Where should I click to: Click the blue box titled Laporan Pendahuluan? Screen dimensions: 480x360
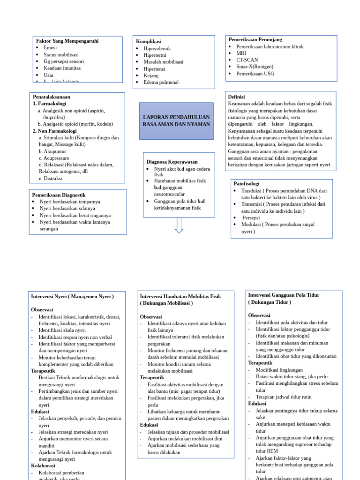pyautogui.click(x=176, y=121)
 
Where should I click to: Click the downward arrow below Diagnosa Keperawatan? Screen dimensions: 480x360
pyautogui.click(x=179, y=225)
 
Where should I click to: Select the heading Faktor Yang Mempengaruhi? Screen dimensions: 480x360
pyautogui.click(x=67, y=41)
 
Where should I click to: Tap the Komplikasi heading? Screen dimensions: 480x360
pyautogui.click(x=149, y=42)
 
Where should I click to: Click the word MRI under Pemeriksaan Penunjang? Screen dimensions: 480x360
pyautogui.click(x=241, y=53)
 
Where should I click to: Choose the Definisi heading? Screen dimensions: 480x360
pyautogui.click(x=237, y=97)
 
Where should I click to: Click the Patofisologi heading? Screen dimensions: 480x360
pyautogui.click(x=247, y=184)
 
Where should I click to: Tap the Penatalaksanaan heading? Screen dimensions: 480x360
pyautogui.click(x=51, y=97)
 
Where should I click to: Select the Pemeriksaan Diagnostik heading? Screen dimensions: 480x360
pyautogui.click(x=59, y=195)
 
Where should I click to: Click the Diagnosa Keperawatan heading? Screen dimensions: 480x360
pyautogui.click(x=172, y=162)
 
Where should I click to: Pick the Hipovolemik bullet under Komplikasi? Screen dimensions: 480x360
pyautogui.click(x=157, y=48)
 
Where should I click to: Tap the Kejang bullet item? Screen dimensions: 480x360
pyautogui.click(x=151, y=75)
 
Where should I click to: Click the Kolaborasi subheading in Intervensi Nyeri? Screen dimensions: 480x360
pyautogui.click(x=43, y=466)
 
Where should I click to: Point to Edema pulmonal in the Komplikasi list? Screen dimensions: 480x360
pyautogui.click(x=161, y=82)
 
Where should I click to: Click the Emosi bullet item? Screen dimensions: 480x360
pyautogui.click(x=50, y=48)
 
